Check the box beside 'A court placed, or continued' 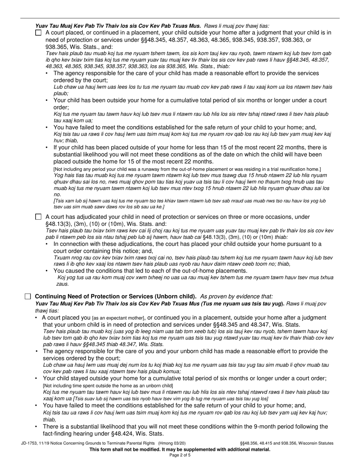38,33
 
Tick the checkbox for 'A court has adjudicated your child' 38,217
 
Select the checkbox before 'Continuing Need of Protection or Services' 28,296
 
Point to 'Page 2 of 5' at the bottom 180,455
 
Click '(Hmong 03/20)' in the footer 172,443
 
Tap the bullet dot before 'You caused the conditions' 47,271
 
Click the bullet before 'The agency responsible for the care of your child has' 47,73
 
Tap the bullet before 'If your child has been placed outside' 47,147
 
